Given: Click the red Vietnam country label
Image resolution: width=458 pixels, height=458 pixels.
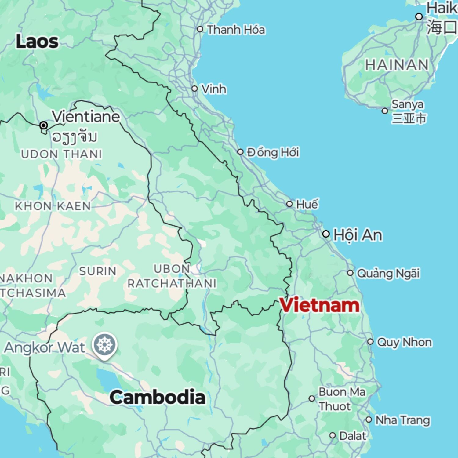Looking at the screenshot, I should tap(319, 305).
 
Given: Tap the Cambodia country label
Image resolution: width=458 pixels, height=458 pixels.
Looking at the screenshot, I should tap(157, 397).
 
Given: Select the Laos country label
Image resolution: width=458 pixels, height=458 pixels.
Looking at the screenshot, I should tap(37, 41).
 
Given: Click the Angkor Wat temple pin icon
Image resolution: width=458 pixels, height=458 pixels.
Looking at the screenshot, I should tap(105, 345).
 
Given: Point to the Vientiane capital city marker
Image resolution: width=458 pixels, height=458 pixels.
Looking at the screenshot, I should tap(44, 125).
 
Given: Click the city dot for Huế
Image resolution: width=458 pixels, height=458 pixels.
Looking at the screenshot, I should tap(289, 204).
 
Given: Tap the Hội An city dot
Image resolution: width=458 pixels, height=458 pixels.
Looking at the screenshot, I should tap(326, 234).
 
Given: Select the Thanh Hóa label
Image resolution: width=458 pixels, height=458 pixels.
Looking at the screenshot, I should tap(236, 30).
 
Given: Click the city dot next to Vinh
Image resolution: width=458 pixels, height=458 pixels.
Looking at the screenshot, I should tap(194, 89).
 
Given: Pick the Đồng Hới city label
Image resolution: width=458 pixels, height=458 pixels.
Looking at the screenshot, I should tap(273, 152).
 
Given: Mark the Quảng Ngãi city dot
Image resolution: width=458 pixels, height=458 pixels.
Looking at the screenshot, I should tap(350, 273).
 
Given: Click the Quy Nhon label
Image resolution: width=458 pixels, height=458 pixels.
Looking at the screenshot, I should tap(404, 342).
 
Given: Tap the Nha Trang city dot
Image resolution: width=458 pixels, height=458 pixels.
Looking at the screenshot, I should tap(369, 420).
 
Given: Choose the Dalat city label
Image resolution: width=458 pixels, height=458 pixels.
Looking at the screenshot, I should tap(352, 436).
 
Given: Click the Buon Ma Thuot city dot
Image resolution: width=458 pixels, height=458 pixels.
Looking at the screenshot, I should tap(311, 398).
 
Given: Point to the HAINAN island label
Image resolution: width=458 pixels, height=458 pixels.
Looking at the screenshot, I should tap(397, 65).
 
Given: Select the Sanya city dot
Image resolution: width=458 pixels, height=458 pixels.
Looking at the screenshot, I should tap(385, 111).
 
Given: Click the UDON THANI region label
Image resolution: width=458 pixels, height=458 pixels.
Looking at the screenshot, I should tap(61, 154).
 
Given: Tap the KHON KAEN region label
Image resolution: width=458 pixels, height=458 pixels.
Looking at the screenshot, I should tap(53, 206).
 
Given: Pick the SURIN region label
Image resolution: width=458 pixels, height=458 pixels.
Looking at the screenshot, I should tap(98, 271).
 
